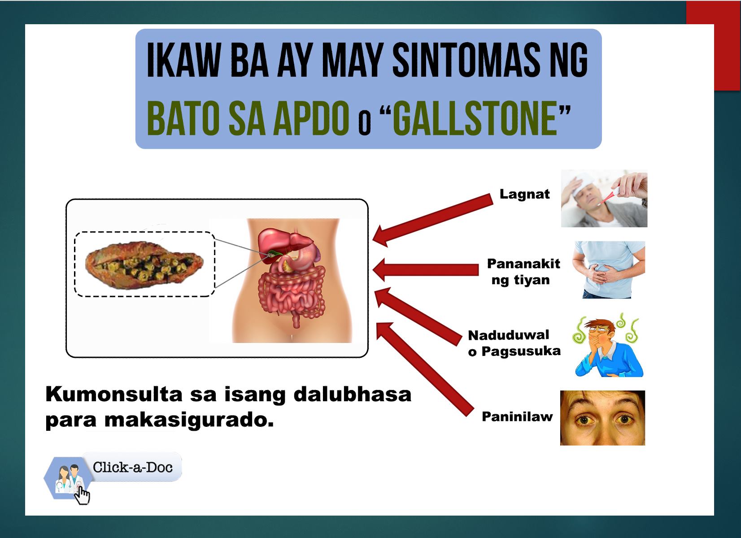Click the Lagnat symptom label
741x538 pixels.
(525, 194)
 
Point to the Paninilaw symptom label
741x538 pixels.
(517, 417)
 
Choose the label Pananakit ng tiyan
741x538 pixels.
(523, 272)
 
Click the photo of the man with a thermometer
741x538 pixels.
(604, 199)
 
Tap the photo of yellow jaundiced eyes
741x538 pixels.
(602, 418)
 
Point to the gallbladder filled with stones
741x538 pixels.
(144, 265)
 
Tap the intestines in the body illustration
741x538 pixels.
(292, 294)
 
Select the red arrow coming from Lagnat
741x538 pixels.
(432, 220)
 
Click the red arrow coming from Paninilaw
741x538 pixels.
(425, 369)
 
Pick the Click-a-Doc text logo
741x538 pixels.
(132, 467)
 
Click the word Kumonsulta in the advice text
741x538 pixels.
(114, 395)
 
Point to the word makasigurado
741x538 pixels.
(189, 420)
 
